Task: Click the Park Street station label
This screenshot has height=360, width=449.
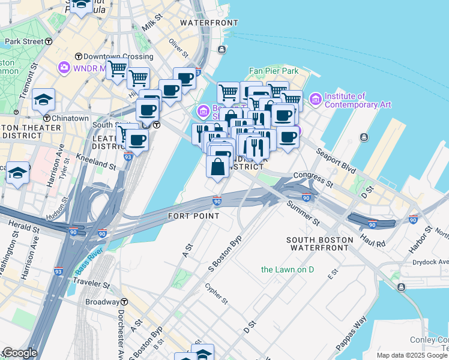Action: tap(24, 42)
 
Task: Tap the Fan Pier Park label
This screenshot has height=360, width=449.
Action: tap(274, 71)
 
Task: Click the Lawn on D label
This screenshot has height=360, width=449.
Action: tap(288, 269)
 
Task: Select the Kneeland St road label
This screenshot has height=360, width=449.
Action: tap(96, 160)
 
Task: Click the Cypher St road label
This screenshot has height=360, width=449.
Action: tap(216, 293)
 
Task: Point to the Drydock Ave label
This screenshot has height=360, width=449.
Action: tap(430, 262)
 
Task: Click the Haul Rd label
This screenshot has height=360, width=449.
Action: tap(373, 241)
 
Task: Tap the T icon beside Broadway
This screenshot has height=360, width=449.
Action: tap(125, 302)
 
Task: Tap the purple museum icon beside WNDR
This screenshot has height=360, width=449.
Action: tap(64, 68)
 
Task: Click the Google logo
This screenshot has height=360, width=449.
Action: tap(19, 353)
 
